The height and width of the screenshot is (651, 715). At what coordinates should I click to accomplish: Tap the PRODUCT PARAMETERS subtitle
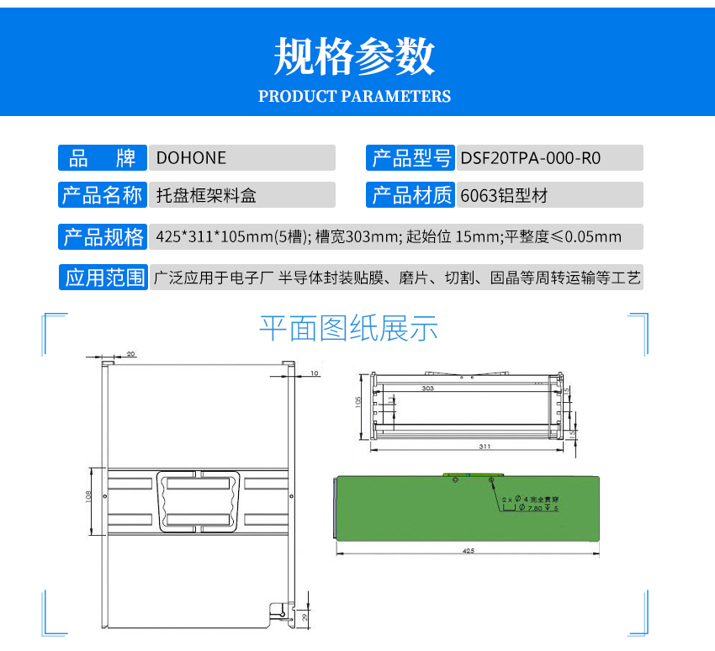(354, 96)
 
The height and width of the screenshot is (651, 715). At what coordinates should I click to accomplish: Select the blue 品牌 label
(102, 158)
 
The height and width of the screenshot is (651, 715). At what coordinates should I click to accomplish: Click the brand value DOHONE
(191, 158)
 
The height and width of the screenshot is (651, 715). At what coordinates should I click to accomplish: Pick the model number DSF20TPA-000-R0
(531, 158)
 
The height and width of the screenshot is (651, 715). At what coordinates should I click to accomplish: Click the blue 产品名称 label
(102, 196)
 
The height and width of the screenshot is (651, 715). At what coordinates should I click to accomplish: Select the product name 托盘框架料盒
(206, 196)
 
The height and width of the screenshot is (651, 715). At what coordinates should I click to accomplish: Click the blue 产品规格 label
(102, 236)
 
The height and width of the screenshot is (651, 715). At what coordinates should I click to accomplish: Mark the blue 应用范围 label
(102, 278)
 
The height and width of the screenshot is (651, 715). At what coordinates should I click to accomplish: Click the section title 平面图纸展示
(348, 328)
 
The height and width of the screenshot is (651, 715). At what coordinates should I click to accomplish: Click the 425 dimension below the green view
(468, 551)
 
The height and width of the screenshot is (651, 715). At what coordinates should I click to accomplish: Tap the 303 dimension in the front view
(427, 389)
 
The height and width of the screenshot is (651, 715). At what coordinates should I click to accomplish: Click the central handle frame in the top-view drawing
(199, 502)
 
